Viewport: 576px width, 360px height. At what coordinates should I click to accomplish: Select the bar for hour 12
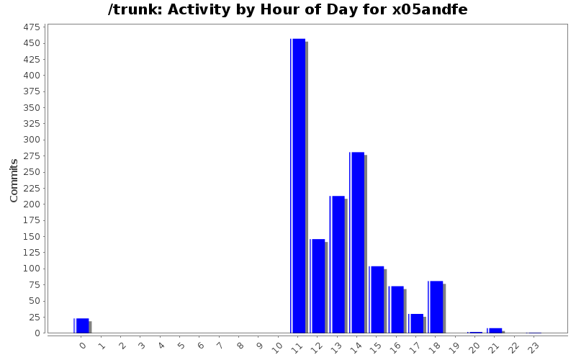pos(318,286)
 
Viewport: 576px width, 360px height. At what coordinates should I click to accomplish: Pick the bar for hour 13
pos(337,264)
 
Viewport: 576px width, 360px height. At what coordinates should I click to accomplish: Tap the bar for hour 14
pos(357,243)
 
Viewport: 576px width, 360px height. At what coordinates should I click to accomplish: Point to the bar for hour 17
pos(416,323)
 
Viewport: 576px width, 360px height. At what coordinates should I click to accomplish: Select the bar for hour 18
pos(436,307)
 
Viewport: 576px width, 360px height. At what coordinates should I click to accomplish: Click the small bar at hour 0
pos(81,325)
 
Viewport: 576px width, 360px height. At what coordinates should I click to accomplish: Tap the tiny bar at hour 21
pos(495,330)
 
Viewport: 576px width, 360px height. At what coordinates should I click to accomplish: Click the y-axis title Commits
pos(14,180)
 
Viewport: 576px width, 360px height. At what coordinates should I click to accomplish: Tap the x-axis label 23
pos(534,347)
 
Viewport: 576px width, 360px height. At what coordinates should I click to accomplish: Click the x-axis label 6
pos(201,346)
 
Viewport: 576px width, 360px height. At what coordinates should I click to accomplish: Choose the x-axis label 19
pos(455,347)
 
